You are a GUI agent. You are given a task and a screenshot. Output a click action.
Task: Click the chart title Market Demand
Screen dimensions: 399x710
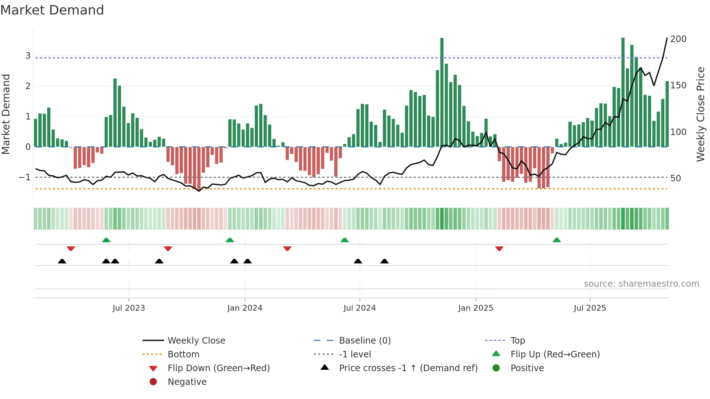(x=52, y=10)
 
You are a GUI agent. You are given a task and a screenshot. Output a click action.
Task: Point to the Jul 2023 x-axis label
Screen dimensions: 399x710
(x=129, y=308)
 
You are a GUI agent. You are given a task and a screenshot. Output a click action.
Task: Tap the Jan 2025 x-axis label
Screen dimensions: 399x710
(x=476, y=308)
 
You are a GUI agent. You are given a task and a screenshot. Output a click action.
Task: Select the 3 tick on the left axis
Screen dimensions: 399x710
(x=28, y=56)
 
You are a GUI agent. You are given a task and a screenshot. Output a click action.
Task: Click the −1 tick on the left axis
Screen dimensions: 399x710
(x=25, y=177)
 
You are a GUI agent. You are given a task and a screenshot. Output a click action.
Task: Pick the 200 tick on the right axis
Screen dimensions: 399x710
(x=678, y=39)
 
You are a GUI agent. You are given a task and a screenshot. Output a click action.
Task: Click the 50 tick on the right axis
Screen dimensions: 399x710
(x=675, y=178)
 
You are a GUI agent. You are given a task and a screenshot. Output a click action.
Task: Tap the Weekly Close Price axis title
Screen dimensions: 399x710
(x=701, y=114)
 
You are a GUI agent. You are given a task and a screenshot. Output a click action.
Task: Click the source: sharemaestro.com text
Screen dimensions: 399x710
(x=641, y=284)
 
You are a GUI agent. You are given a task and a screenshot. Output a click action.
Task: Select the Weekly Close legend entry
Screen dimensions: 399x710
(x=196, y=341)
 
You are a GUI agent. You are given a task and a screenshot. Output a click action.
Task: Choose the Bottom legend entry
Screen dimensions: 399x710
(x=183, y=354)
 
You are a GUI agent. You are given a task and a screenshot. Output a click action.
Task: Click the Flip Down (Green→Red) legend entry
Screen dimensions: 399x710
(x=218, y=368)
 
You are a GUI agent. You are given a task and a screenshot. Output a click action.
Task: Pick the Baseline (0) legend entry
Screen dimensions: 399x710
(x=364, y=341)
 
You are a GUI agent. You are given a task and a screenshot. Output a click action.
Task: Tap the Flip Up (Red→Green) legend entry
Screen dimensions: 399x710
(x=555, y=354)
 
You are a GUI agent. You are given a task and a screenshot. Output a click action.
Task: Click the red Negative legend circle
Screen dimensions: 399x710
(x=153, y=382)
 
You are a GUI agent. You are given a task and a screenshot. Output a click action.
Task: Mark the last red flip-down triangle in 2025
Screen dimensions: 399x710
(x=499, y=248)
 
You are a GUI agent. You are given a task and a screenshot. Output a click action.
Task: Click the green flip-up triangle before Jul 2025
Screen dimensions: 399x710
(x=557, y=240)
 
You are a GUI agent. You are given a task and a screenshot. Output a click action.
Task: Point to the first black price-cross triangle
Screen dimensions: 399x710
(x=62, y=261)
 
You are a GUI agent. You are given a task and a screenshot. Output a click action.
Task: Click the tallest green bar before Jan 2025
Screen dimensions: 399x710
(x=442, y=92)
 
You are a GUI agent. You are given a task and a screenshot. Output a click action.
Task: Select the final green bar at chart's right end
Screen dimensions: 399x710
(x=667, y=114)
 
